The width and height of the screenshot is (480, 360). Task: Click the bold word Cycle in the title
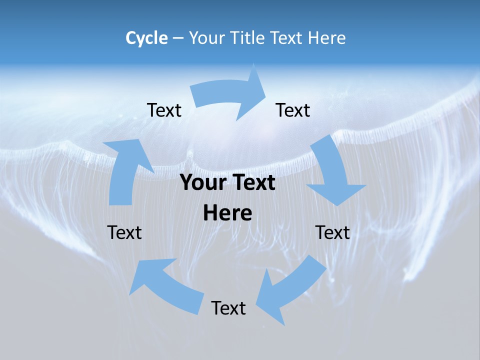[x=146, y=38]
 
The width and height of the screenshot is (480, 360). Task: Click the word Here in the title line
[x=327, y=38]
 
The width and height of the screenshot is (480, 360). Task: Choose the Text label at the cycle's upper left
[x=164, y=110]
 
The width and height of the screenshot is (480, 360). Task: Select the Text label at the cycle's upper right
[x=293, y=110]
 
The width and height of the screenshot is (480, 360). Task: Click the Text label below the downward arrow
[x=333, y=232]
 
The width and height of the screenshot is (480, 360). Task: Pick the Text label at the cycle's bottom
[x=228, y=308]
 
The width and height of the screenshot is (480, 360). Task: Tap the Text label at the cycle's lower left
[x=124, y=232]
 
